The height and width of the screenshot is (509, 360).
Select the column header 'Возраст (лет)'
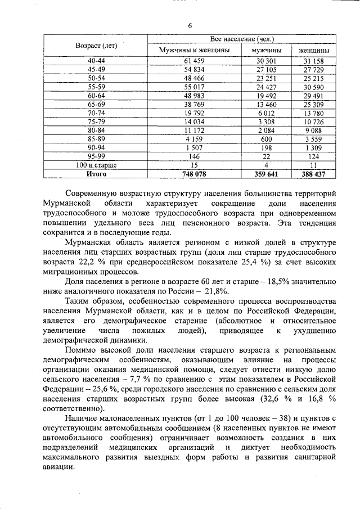[x=96, y=45]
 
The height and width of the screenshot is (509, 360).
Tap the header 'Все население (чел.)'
[x=242, y=40]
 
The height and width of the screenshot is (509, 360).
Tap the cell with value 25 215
[x=313, y=78]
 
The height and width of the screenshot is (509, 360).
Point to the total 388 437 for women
[x=313, y=174]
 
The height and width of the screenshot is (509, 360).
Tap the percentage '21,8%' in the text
[x=214, y=291]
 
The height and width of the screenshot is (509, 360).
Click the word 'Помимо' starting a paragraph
[x=80, y=350]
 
